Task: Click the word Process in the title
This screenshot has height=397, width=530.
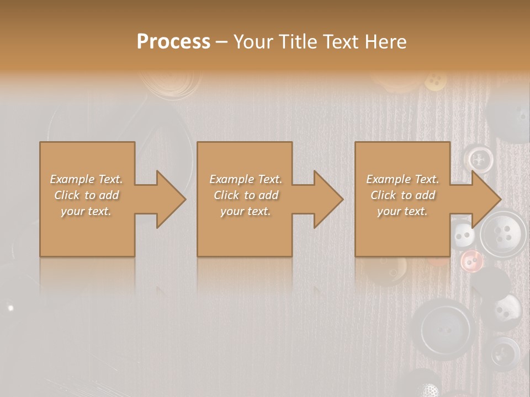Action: pyautogui.click(x=173, y=42)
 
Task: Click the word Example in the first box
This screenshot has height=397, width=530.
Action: pyautogui.click(x=72, y=179)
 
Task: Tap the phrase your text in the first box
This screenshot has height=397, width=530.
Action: pyautogui.click(x=86, y=211)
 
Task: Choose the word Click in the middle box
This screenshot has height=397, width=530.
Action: pyautogui.click(x=227, y=195)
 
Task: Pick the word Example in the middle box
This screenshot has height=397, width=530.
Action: pyautogui.click(x=232, y=179)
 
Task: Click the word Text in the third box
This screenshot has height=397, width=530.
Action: pyautogui.click(x=426, y=179)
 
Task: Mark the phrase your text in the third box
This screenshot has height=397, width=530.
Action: pyautogui.click(x=402, y=211)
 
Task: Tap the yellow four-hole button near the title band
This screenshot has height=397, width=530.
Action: pyautogui.click(x=436, y=82)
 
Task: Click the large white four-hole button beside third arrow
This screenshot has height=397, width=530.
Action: pyautogui.click(x=503, y=234)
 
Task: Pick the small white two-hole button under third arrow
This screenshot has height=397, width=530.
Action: pyautogui.click(x=463, y=235)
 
